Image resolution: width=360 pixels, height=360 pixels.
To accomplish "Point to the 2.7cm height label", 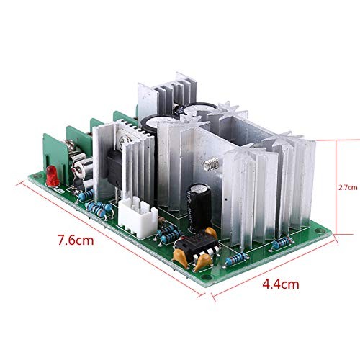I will (347, 185).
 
